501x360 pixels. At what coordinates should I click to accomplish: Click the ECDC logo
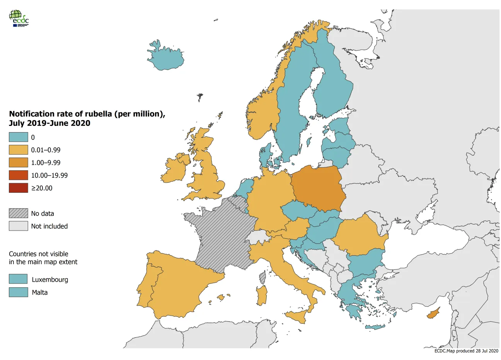[x=19, y=18]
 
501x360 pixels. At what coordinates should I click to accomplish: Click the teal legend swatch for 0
[x=19, y=137]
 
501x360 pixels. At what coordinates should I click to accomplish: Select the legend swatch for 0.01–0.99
[x=19, y=150]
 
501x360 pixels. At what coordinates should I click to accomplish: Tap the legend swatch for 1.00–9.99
[x=19, y=163]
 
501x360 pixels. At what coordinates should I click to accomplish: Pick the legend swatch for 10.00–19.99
[x=19, y=175]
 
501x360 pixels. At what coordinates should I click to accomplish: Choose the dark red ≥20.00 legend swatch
[x=19, y=188]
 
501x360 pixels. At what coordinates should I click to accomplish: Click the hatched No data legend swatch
[x=19, y=213]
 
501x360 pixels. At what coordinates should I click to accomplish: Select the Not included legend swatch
[x=19, y=226]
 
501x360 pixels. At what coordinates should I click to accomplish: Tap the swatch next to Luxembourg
[x=19, y=279]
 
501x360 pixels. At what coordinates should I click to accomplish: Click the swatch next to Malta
[x=19, y=292]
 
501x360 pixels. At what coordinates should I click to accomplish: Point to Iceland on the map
[x=165, y=59]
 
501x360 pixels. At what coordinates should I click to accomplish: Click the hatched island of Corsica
[x=263, y=277]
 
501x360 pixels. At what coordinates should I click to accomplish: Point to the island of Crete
[x=375, y=327]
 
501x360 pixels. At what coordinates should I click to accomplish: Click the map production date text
[x=466, y=351]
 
